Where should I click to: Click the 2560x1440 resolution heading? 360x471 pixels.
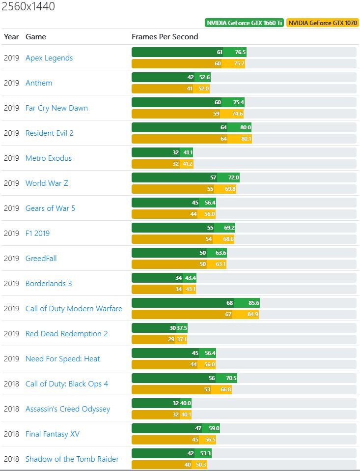click(x=28, y=7)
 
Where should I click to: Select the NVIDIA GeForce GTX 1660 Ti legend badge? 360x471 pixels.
click(x=245, y=23)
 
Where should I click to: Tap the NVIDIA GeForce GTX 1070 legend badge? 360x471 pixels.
click(x=323, y=23)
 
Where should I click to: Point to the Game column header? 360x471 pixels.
click(x=35, y=36)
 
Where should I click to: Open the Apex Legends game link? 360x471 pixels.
click(x=49, y=58)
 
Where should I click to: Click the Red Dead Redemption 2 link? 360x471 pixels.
click(x=66, y=334)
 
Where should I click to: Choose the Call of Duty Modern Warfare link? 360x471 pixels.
click(x=74, y=309)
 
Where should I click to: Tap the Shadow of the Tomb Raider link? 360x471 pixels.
click(x=72, y=459)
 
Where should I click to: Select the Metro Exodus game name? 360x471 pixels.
click(x=49, y=158)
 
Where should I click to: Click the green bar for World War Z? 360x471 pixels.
click(x=185, y=177)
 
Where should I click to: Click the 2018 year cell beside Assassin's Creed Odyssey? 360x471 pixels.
click(x=11, y=409)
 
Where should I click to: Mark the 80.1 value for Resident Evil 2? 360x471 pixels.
click(x=244, y=139)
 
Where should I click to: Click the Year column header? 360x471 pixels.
click(x=11, y=36)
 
